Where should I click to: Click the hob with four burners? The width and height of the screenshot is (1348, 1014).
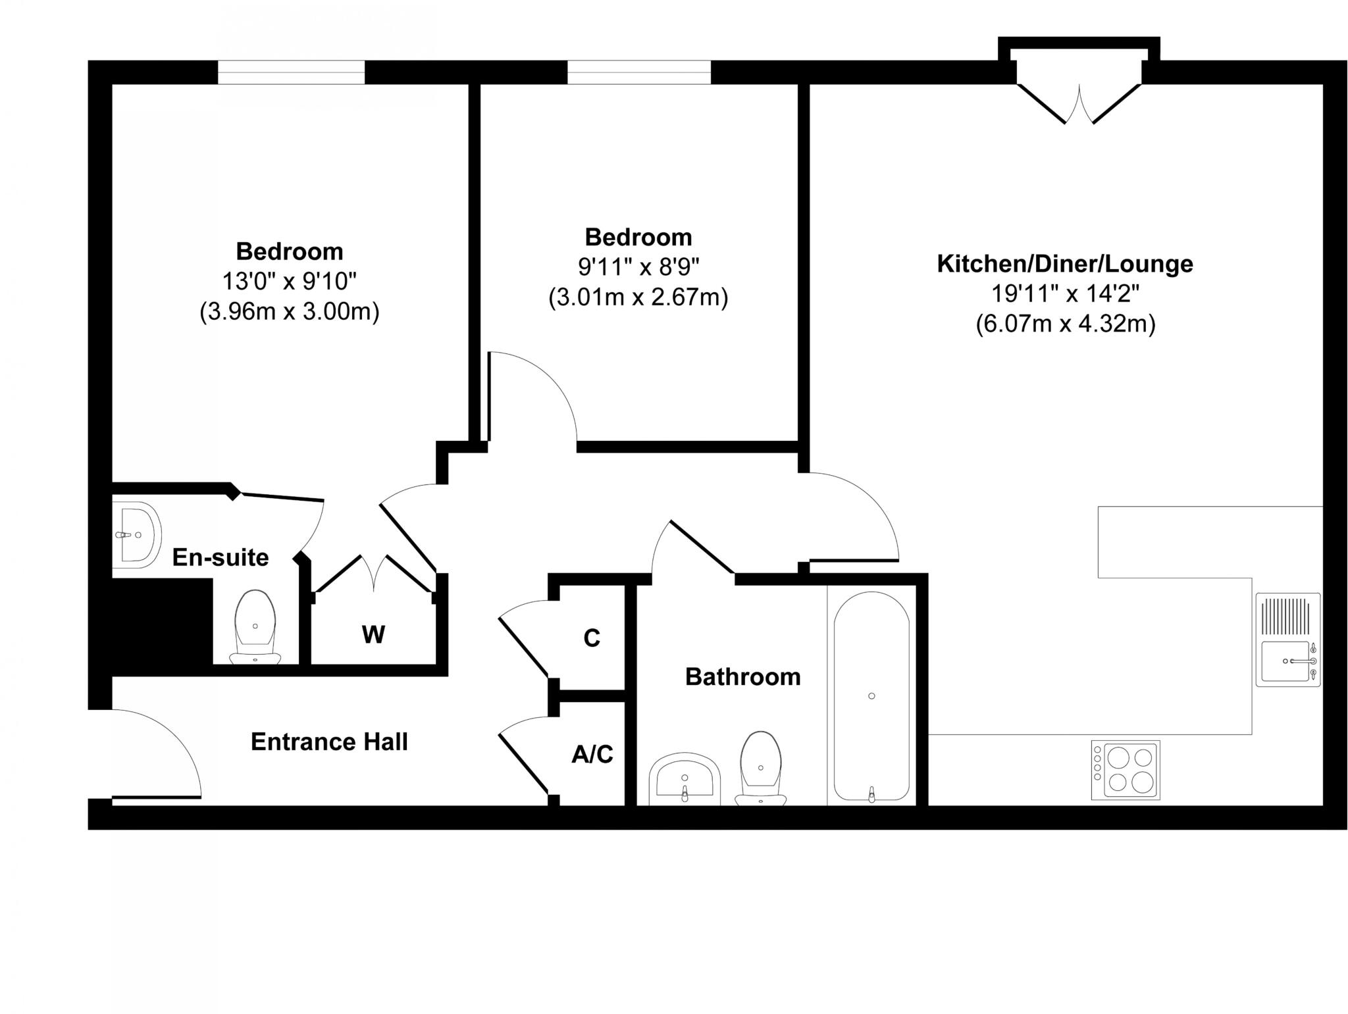point(1125,770)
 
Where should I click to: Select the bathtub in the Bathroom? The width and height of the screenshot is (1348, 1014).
point(871,696)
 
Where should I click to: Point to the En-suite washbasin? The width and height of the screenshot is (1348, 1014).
point(136,535)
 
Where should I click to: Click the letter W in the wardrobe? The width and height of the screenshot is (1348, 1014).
point(373,635)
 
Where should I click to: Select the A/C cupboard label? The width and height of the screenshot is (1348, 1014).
point(592,754)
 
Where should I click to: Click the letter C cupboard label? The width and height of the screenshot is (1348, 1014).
point(592,638)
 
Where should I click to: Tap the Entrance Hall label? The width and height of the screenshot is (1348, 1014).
point(329,742)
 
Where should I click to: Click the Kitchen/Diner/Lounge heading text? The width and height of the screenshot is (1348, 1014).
point(1064,264)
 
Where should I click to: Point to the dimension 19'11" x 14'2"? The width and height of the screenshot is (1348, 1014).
point(1064,293)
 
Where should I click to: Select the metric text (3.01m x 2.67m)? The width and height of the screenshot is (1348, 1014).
point(638,297)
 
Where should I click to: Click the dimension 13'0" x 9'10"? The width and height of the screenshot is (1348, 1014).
point(289,282)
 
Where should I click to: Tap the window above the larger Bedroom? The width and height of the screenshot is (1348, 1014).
point(291,72)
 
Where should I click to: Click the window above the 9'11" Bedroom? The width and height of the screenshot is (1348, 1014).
point(638,72)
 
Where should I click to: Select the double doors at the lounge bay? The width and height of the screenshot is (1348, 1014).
point(1079,105)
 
